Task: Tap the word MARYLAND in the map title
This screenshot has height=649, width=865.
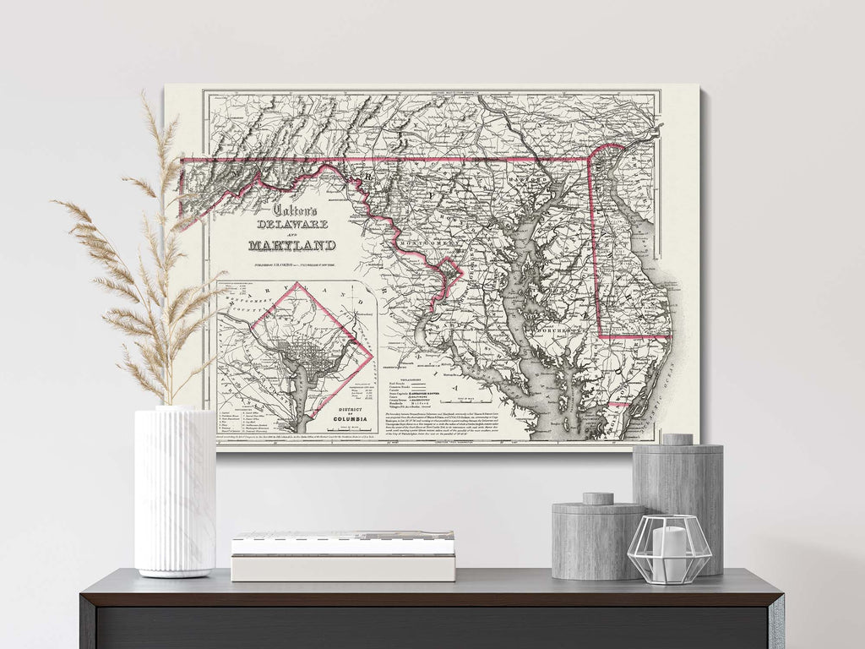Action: click(x=292, y=246)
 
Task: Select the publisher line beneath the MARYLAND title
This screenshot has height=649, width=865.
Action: click(x=292, y=264)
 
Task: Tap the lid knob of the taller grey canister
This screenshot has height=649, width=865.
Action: click(x=677, y=440)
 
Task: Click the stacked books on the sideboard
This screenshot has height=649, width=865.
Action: click(x=343, y=556)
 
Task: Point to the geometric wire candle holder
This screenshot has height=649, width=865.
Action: click(x=669, y=549)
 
